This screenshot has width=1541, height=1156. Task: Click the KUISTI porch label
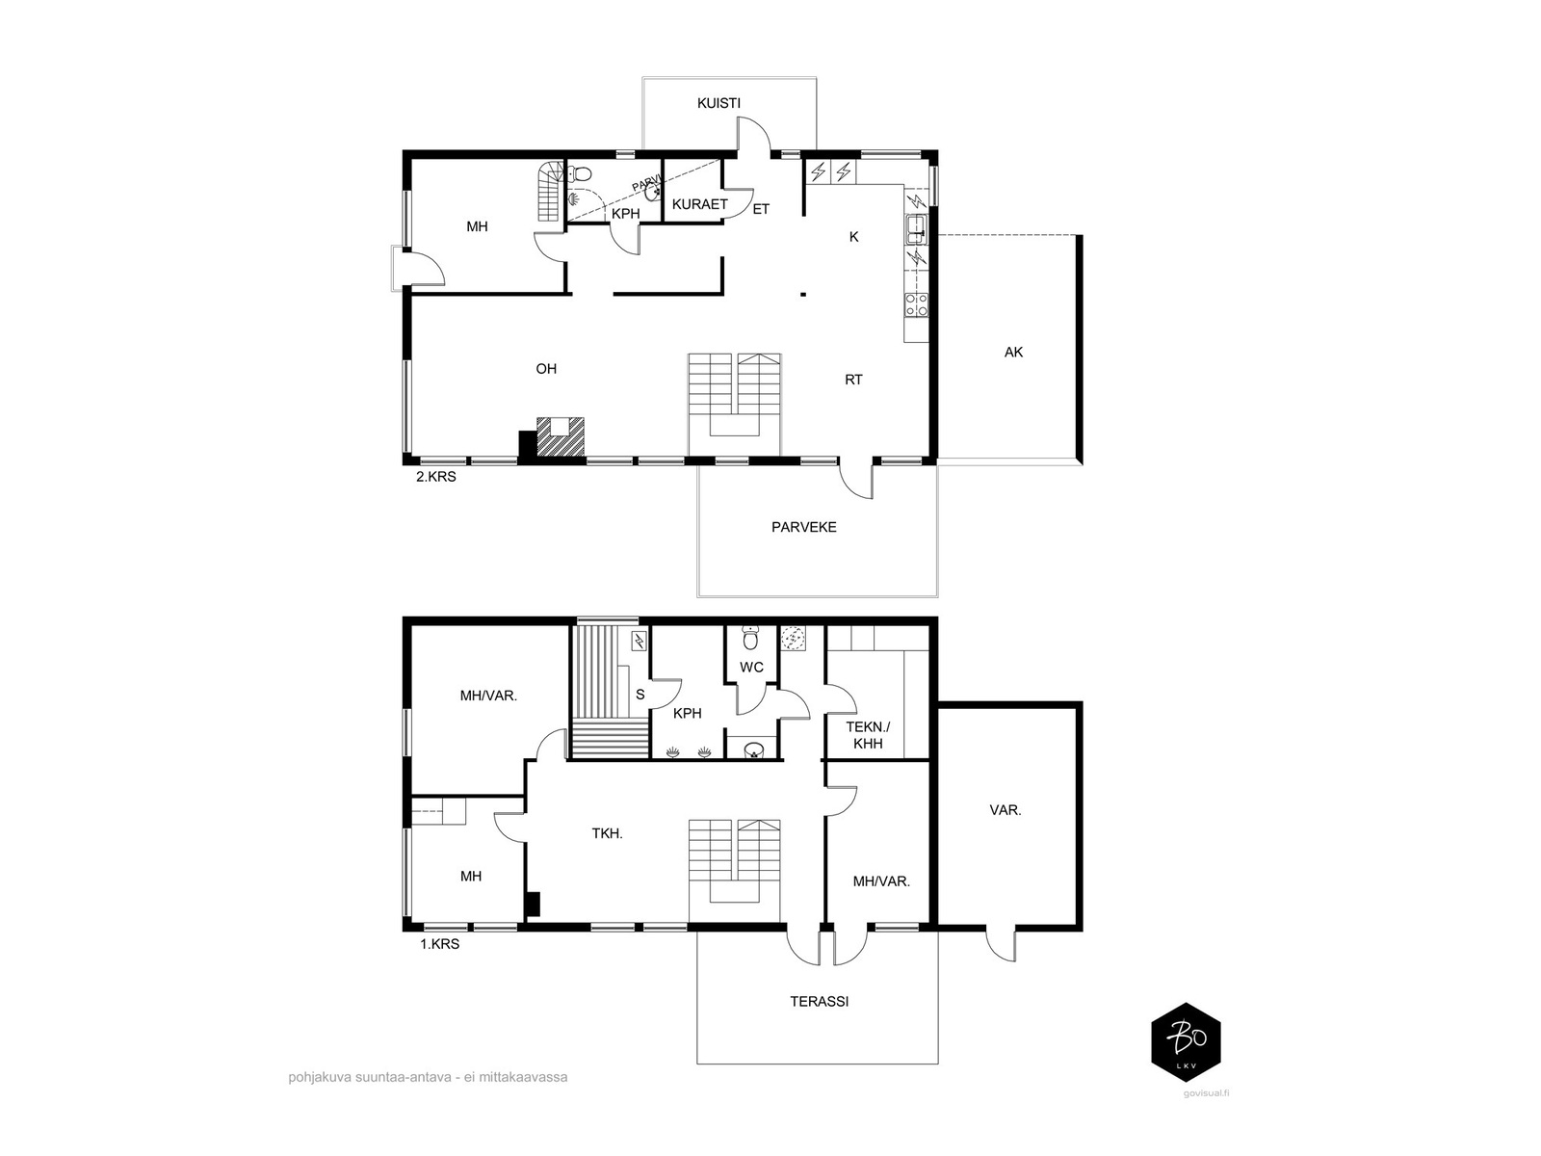coord(718,103)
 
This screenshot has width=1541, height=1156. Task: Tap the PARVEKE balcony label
coord(804,527)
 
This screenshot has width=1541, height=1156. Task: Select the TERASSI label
coord(819,1002)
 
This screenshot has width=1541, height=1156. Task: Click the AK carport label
coord(1013,353)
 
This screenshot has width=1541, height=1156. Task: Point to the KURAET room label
coord(699,204)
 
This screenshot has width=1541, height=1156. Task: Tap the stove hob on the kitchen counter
coord(916,304)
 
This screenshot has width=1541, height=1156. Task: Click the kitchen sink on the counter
coord(916,226)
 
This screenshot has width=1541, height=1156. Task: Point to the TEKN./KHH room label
coord(868,735)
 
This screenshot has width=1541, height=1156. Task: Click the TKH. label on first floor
coord(608,834)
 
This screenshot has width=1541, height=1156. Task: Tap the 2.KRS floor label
coord(436,477)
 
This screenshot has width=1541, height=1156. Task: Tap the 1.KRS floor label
coord(439,944)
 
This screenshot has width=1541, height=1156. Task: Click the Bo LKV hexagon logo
coord(1186,1041)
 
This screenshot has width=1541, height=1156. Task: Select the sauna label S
coord(640,695)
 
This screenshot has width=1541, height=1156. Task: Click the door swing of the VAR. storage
coord(1000,948)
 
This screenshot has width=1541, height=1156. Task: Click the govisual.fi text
coord(1206,1092)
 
